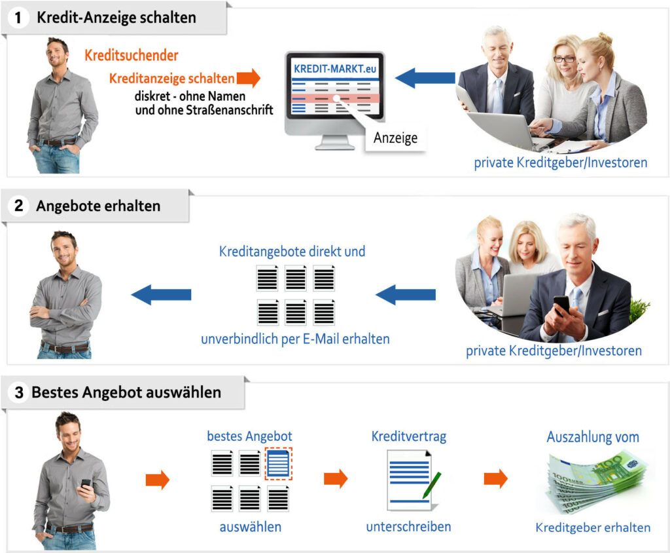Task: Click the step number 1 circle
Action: (x=18, y=18)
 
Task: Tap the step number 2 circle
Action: (x=18, y=206)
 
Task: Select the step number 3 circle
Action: (x=19, y=392)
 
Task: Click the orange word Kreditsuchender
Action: (x=131, y=55)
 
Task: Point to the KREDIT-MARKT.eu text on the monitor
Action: (x=335, y=69)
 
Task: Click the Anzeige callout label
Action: (x=396, y=138)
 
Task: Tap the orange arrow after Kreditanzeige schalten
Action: (x=249, y=78)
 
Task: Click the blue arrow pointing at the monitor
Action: (x=425, y=78)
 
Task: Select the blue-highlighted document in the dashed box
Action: (x=279, y=463)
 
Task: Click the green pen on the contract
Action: (x=432, y=486)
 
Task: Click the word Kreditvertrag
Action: (x=409, y=436)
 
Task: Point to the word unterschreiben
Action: (x=408, y=526)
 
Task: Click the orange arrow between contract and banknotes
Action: (x=496, y=478)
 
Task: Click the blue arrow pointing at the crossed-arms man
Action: (x=161, y=294)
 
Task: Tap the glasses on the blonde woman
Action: (x=565, y=59)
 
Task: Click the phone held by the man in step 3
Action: (x=86, y=484)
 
